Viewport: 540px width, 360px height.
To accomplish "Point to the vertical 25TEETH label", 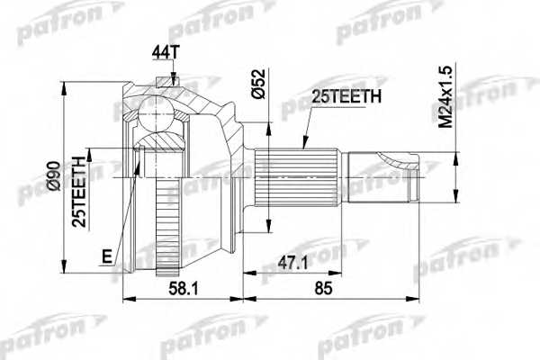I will [x=79, y=189].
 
